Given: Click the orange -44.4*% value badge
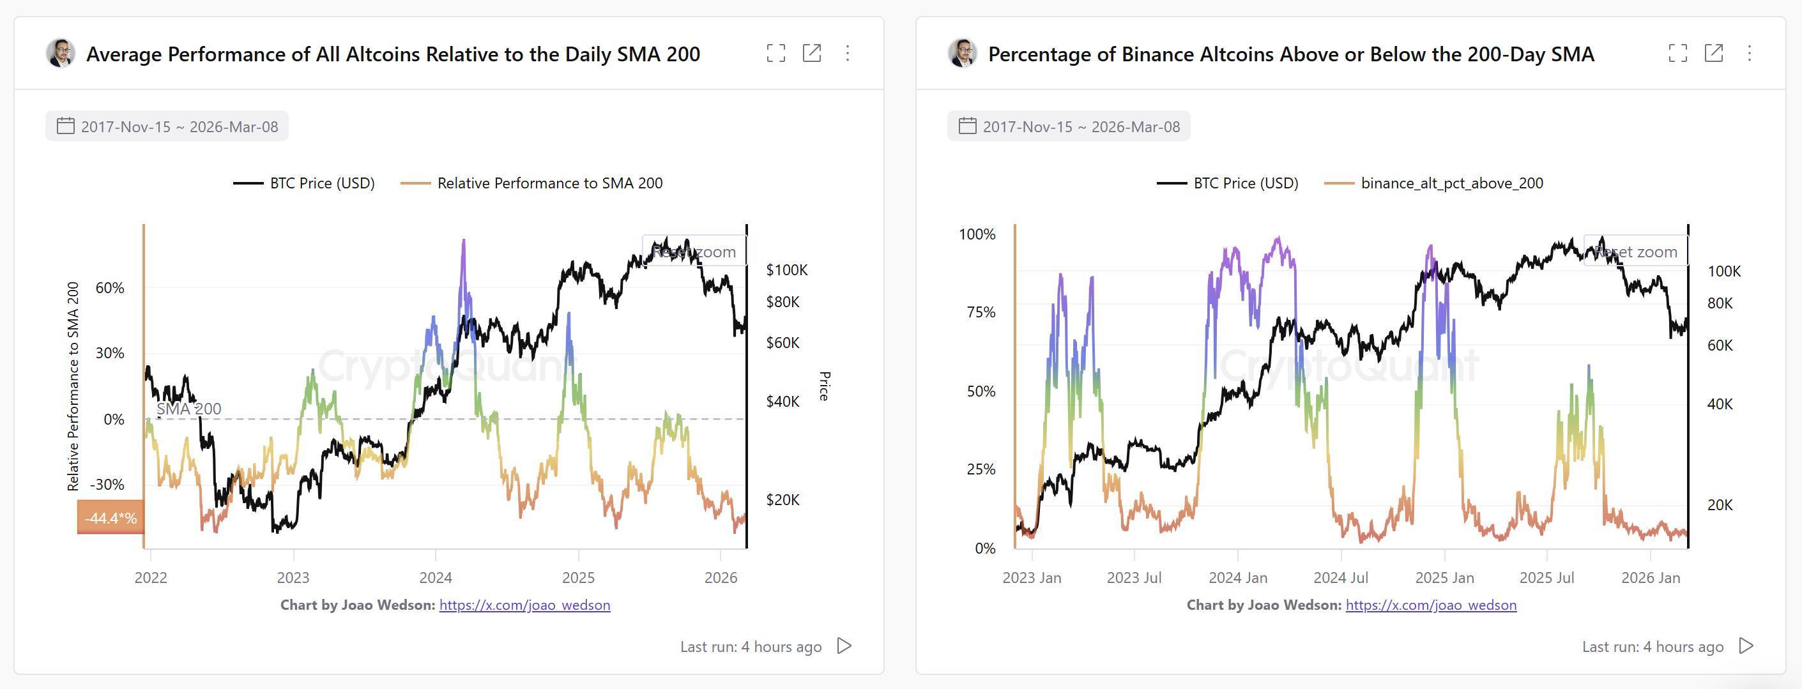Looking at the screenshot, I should pyautogui.click(x=111, y=518).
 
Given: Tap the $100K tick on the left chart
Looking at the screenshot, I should pyautogui.click(x=786, y=270).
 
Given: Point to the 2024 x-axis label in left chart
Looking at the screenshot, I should pyautogui.click(x=435, y=578).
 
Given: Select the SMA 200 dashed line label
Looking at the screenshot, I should pyautogui.click(x=188, y=409).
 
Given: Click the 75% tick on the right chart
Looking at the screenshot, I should pyautogui.click(x=980, y=312).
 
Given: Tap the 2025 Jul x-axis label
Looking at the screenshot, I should pyautogui.click(x=1546, y=578).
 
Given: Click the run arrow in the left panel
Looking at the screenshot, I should pyautogui.click(x=844, y=646).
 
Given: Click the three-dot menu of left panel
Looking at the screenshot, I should pyautogui.click(x=847, y=53).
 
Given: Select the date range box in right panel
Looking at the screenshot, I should pyautogui.click(x=1068, y=126).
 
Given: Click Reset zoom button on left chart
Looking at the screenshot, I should pyautogui.click(x=694, y=251).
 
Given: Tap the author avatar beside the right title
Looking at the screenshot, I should pyautogui.click(x=963, y=53).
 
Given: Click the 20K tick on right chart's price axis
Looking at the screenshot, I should pyautogui.click(x=1720, y=505).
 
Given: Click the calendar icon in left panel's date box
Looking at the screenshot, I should pyautogui.click(x=66, y=126).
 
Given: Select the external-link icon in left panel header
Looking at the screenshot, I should pyautogui.click(x=811, y=53).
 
